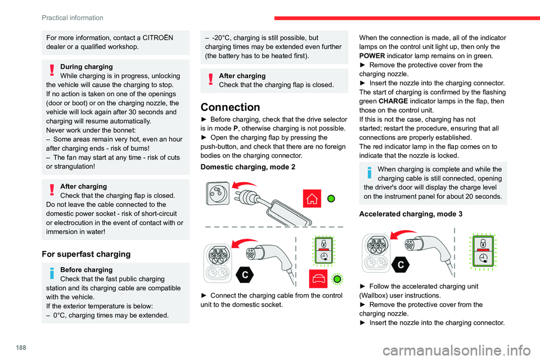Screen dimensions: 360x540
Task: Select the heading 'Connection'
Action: click(230, 107)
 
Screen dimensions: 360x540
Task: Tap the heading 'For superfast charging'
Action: click(85, 254)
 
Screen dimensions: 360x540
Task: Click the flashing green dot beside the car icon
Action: click(337, 279)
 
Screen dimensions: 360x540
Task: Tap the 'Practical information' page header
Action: click(73, 17)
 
